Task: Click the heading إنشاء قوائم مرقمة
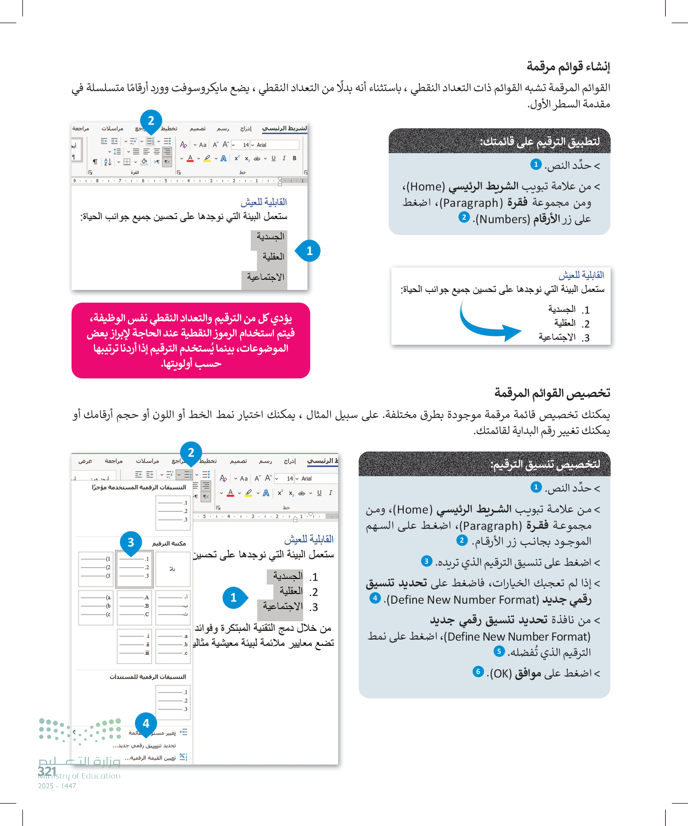click(x=568, y=66)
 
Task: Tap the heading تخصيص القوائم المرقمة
click(x=552, y=393)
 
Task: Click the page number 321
click(x=47, y=771)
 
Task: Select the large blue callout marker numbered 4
click(x=146, y=723)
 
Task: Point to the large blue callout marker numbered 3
click(x=131, y=542)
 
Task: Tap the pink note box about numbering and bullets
click(x=191, y=340)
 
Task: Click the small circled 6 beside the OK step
click(x=478, y=671)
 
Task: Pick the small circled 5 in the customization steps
click(x=499, y=651)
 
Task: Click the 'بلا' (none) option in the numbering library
click(x=173, y=569)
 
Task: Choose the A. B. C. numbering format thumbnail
click(x=134, y=607)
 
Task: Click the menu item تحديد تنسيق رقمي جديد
click(x=144, y=746)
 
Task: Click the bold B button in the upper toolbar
click(x=294, y=158)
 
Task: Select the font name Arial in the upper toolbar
click(x=262, y=145)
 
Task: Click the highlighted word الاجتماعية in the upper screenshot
click(x=265, y=277)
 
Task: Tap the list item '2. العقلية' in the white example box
click(x=571, y=323)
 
